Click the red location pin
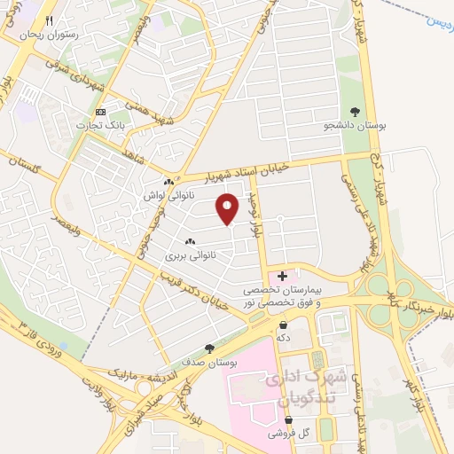(x=229, y=207)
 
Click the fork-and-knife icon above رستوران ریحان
(x=51, y=20)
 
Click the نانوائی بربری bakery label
(x=189, y=254)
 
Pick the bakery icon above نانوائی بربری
(x=189, y=241)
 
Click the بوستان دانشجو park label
(x=355, y=125)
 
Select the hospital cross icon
(x=282, y=277)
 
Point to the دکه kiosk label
(x=284, y=338)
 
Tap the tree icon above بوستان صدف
(x=209, y=348)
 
